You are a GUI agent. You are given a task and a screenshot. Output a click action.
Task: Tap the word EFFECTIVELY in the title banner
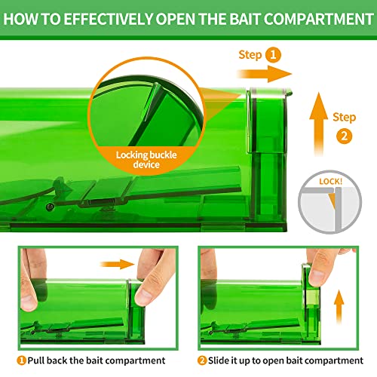108,19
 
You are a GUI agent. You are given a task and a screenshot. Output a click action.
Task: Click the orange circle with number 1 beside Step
273,55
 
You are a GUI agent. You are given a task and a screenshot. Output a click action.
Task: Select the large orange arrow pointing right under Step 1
264,74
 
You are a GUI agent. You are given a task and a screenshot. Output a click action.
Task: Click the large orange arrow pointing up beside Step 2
319,124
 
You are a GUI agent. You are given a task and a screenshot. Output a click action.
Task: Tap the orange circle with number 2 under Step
344,136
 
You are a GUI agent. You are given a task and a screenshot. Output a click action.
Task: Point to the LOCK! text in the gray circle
331,182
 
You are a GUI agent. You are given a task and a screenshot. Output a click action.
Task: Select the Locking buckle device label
146,160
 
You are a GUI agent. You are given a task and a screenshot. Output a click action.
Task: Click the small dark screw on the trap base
50,207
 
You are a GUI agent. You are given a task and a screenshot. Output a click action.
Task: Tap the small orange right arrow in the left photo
117,264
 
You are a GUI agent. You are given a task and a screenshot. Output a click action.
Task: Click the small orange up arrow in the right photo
339,307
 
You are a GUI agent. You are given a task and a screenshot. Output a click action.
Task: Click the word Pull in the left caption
36,360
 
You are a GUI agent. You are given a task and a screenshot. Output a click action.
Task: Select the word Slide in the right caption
219,360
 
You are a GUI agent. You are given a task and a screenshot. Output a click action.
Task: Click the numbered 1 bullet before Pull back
21,360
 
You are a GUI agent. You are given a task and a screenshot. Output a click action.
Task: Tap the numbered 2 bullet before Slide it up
202,360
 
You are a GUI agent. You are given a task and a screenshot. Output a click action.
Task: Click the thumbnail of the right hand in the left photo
144,298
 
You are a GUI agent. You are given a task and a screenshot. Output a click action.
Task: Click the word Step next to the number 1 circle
250,55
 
